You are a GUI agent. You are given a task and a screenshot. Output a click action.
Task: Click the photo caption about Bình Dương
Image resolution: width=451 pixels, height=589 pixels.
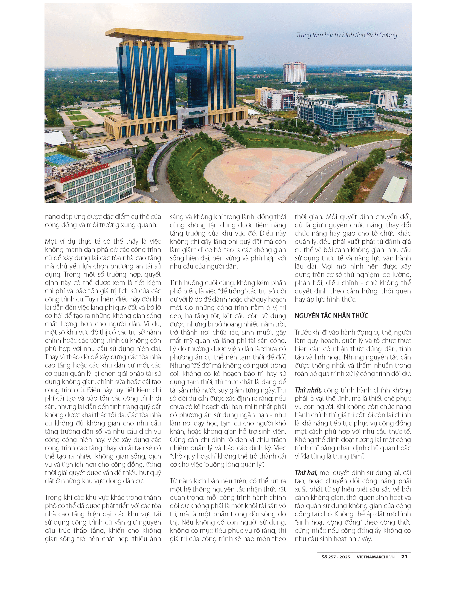point(346,35)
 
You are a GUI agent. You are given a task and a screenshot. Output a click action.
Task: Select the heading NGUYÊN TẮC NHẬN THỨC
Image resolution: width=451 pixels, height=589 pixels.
point(331,316)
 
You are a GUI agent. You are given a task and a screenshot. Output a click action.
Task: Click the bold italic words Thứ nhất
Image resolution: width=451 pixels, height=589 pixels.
point(308,390)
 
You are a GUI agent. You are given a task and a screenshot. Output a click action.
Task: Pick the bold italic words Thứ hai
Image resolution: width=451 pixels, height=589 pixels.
point(306,473)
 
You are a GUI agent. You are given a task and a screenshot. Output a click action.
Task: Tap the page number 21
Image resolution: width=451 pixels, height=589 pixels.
point(404,557)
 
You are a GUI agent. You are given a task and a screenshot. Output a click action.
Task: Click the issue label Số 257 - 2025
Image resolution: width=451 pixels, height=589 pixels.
point(336,557)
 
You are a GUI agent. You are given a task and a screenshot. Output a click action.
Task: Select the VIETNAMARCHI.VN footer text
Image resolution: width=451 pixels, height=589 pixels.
point(375,557)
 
